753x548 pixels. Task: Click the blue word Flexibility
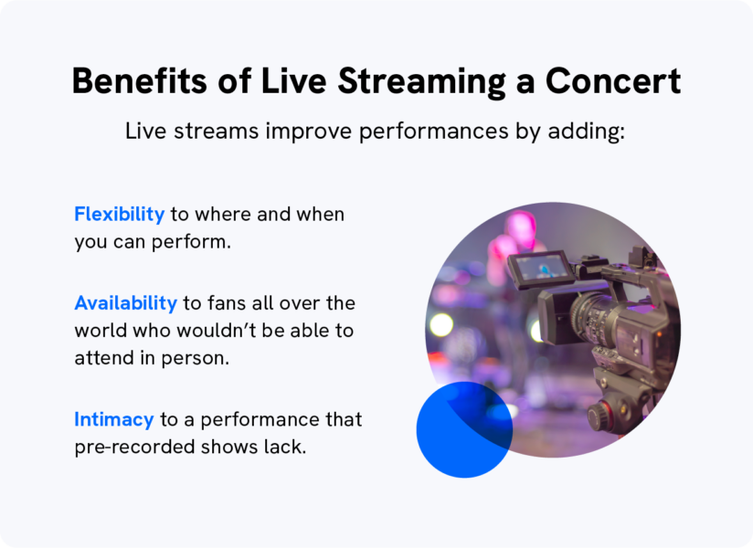point(120,214)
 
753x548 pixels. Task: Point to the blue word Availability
point(125,302)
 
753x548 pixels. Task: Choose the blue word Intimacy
point(114,419)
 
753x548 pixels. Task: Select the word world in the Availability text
point(99,330)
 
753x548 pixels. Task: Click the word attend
point(99,357)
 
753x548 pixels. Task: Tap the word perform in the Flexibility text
point(218,242)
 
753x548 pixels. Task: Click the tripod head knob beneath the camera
point(599,416)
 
